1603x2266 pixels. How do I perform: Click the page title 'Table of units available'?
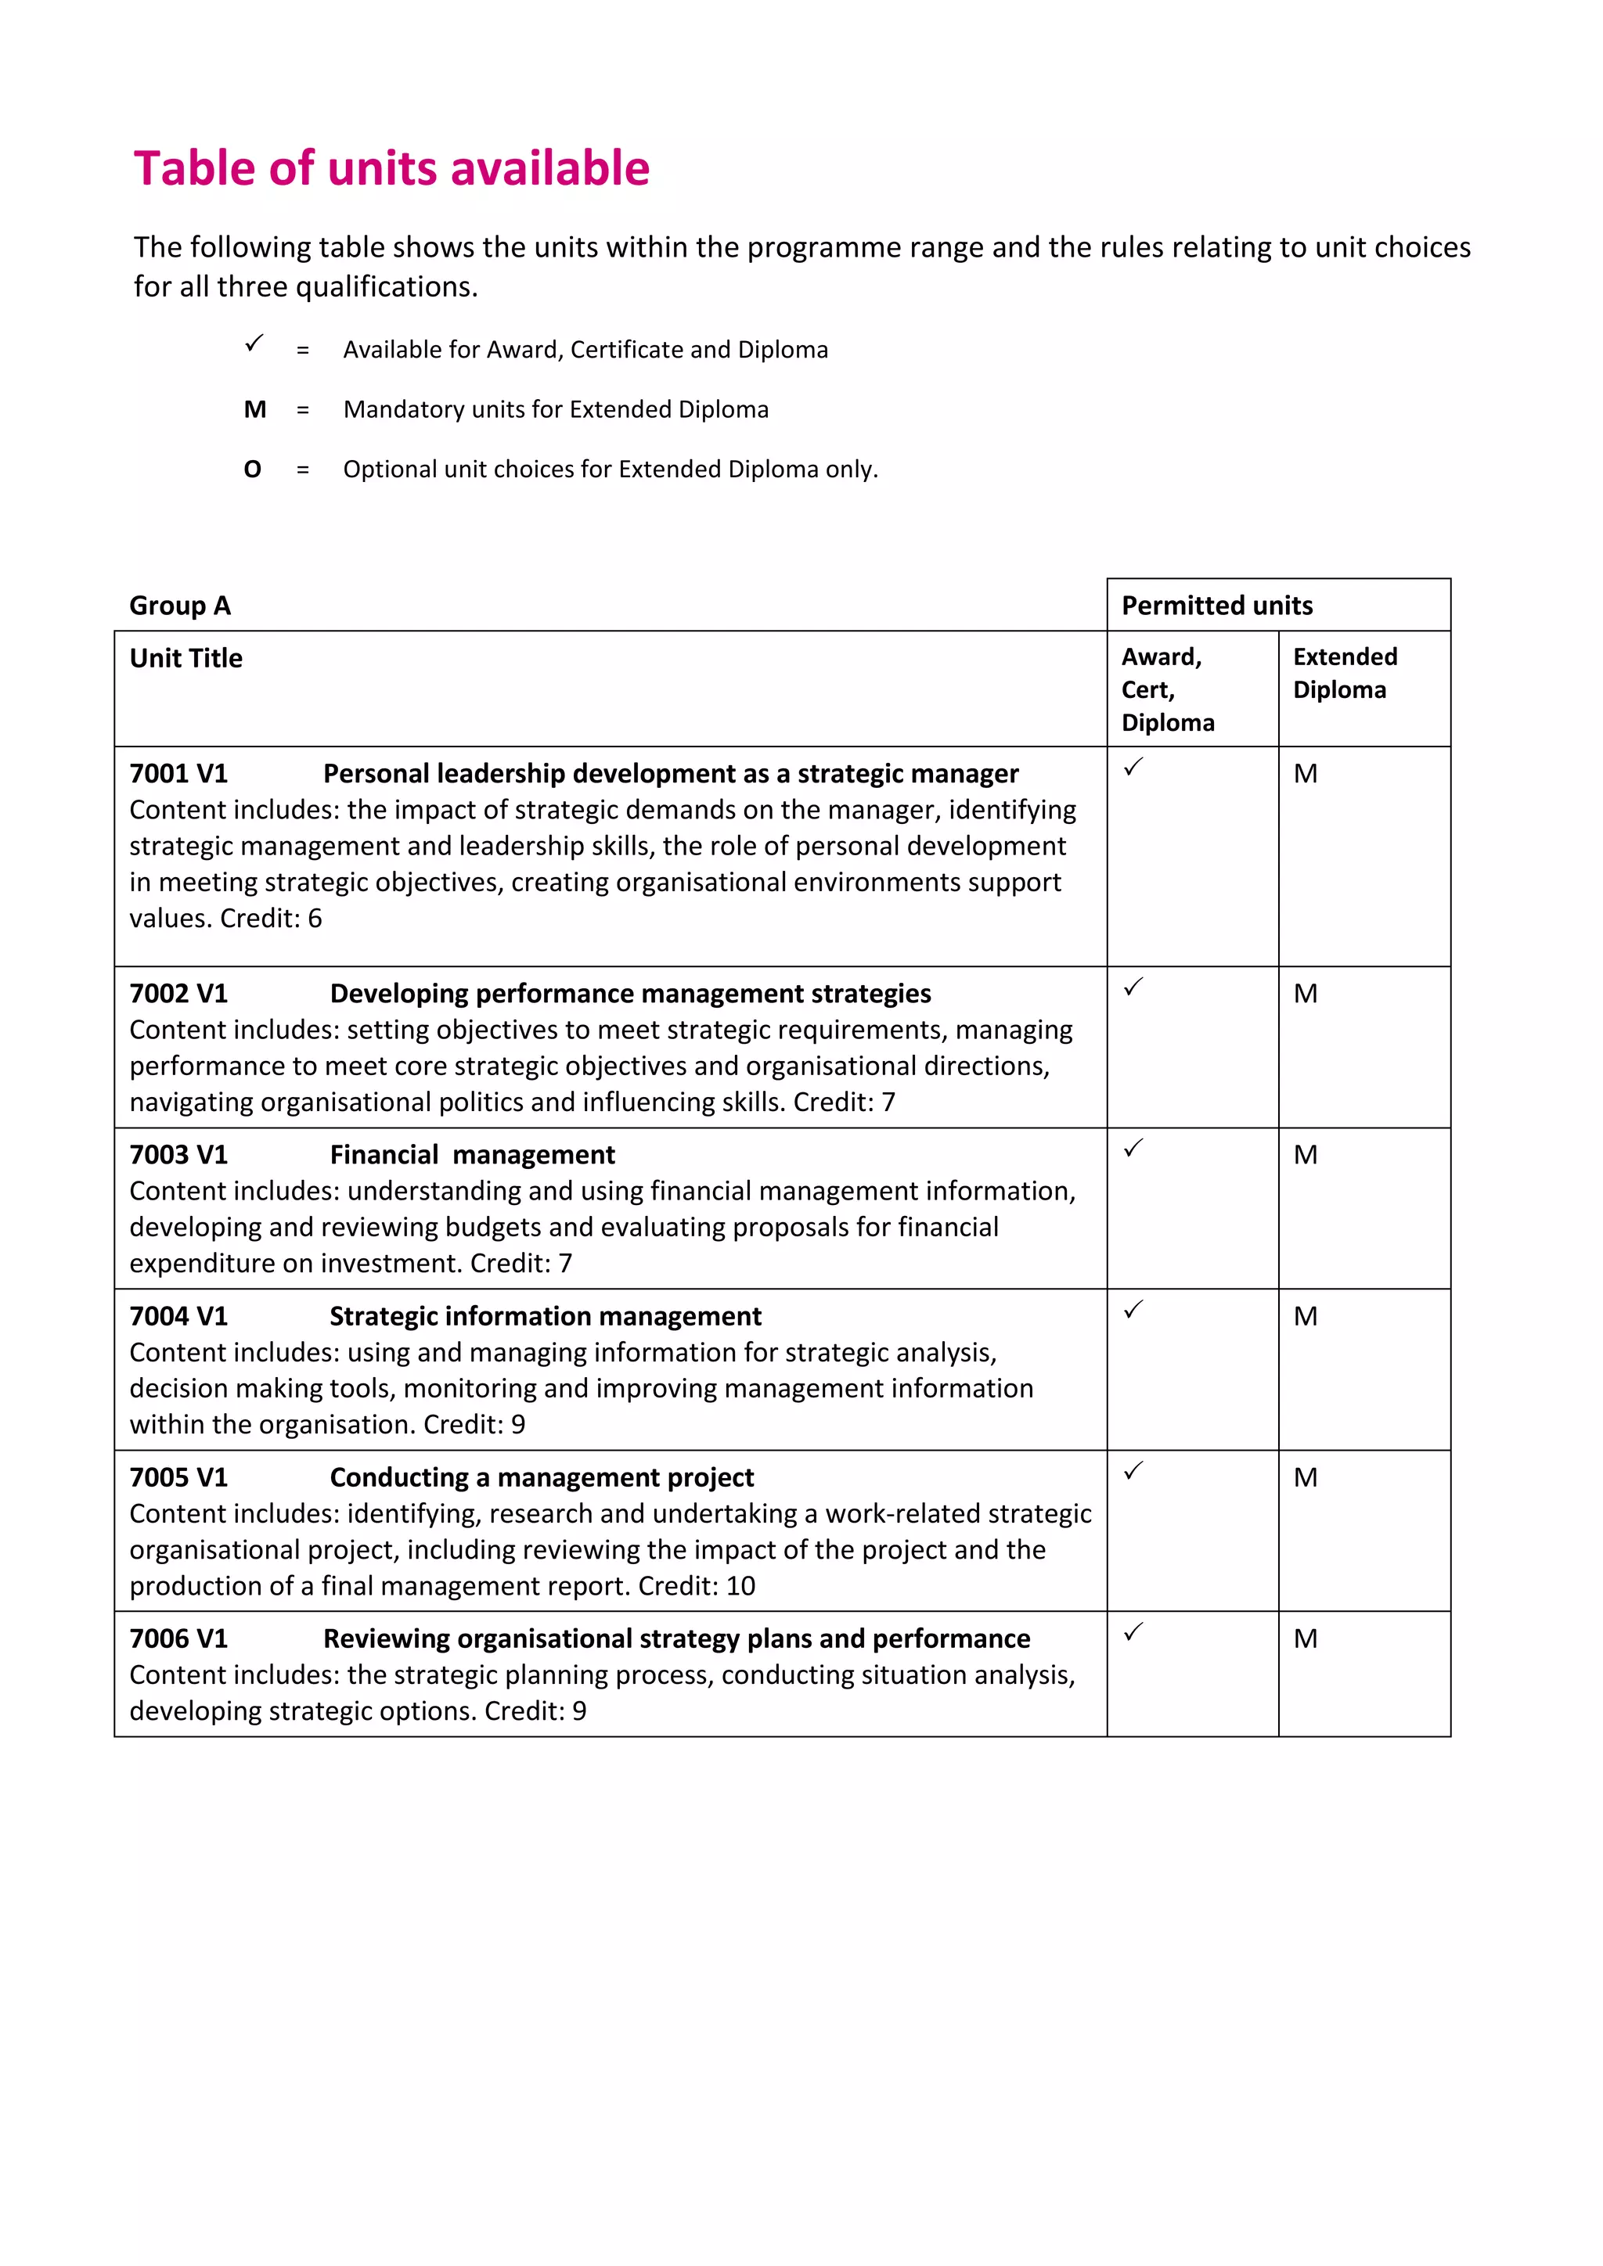392,169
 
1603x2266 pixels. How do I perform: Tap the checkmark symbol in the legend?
254,343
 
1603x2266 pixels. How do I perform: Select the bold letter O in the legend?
253,469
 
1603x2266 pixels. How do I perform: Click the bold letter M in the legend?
254,409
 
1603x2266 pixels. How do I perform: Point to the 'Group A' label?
180,605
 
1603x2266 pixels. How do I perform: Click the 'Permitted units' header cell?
1217,605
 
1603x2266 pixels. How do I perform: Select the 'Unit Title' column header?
186,658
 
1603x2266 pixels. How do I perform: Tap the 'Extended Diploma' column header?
1345,673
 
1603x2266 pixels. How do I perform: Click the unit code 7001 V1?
178,774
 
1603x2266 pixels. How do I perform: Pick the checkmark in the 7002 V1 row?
1133,986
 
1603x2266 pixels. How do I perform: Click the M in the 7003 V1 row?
1305,1155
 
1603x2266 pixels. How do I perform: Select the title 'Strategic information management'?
545,1317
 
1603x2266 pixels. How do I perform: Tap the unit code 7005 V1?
178,1477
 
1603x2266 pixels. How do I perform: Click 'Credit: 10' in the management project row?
696,1586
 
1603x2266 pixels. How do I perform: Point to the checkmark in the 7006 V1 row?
1133,1631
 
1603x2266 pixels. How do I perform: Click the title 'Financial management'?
472,1155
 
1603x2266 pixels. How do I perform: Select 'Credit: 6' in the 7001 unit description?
271,919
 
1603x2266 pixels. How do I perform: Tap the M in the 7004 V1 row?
1305,1317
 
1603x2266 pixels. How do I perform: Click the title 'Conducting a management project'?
541,1477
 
